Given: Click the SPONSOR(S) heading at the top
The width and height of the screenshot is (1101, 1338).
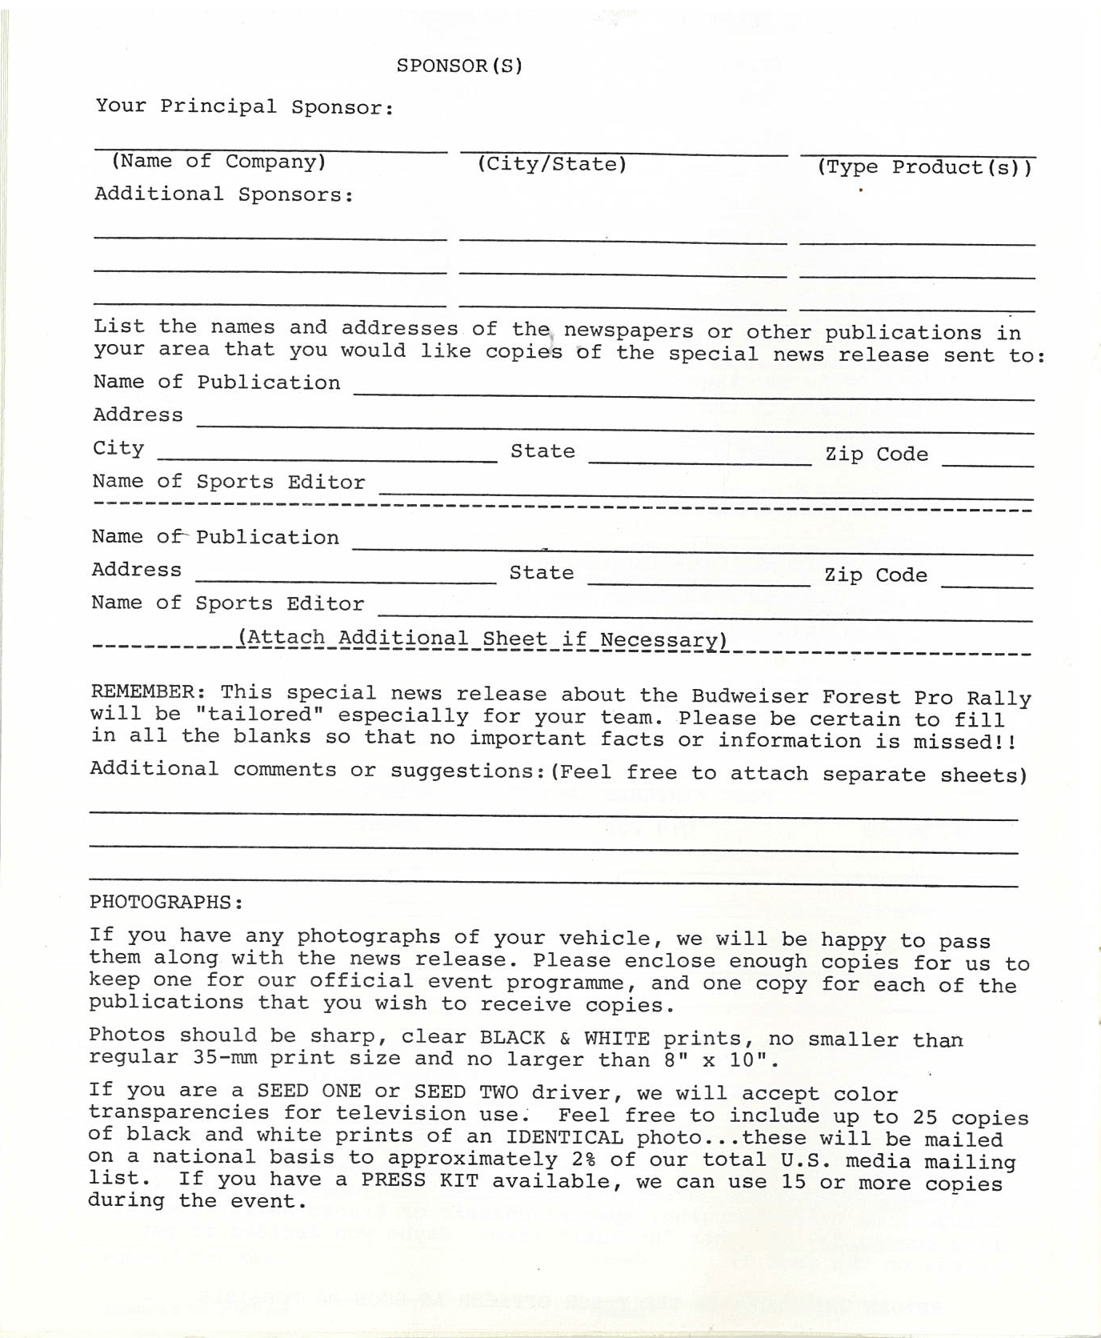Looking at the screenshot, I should click(x=459, y=66).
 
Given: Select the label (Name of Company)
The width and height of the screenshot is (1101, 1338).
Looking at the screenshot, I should click(x=218, y=162).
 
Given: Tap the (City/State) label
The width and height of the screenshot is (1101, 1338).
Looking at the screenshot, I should click(x=551, y=164).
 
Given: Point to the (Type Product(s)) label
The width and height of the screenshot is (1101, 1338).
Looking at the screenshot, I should click(x=924, y=167).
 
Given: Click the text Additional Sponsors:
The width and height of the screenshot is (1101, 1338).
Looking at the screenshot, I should click(x=224, y=194).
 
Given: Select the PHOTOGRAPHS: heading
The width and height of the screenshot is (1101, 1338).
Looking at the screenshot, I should click(x=166, y=902).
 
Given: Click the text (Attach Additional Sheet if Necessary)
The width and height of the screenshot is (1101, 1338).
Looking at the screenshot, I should click(x=482, y=639).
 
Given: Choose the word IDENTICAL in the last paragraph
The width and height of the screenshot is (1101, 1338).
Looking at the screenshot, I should click(x=564, y=1137).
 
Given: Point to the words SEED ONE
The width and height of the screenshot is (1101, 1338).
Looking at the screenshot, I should click(x=309, y=1092).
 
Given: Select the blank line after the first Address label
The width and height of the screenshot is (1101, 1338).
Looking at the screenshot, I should click(x=615, y=425).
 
